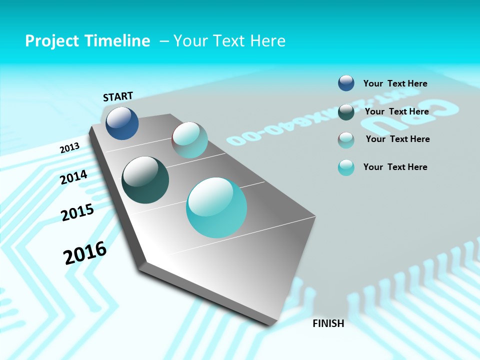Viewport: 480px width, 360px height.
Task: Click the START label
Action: [x=118, y=96]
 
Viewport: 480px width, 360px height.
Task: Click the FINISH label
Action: [x=328, y=323]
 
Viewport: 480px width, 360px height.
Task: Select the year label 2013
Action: [x=69, y=148]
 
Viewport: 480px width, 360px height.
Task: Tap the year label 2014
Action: [x=73, y=177]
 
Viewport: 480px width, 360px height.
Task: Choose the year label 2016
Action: [x=85, y=253]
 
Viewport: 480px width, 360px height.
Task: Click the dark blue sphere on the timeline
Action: [x=122, y=123]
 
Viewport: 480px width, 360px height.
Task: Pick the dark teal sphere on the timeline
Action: [x=145, y=180]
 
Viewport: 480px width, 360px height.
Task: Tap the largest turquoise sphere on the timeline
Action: [x=216, y=207]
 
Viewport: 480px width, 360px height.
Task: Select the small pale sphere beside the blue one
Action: [x=189, y=140]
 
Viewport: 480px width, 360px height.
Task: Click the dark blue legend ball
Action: [x=346, y=83]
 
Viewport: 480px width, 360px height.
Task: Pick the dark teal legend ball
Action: [x=346, y=111]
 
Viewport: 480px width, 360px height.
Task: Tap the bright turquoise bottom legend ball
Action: [x=346, y=167]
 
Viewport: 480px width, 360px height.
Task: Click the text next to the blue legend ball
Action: [x=395, y=83]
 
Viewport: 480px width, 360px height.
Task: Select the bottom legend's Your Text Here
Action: [x=395, y=167]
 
